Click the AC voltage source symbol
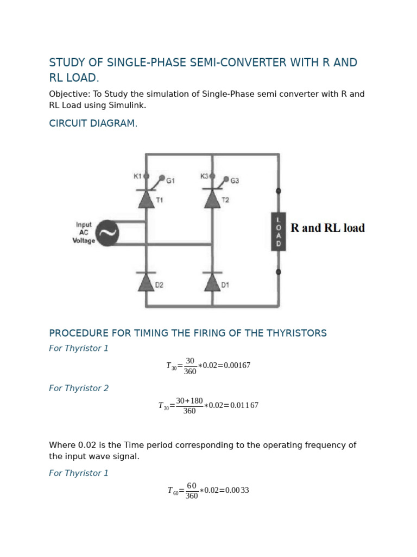107,233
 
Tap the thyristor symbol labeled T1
146,199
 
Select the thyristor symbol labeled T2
212,199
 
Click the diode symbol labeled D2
146,282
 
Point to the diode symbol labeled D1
212,282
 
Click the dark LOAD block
279,231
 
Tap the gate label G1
170,181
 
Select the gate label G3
235,181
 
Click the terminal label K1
137,176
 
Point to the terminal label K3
204,176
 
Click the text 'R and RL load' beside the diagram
327,228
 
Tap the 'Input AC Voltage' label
84,232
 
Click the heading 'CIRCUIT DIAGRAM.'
93,123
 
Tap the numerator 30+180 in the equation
189,401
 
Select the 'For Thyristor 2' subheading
79,388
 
